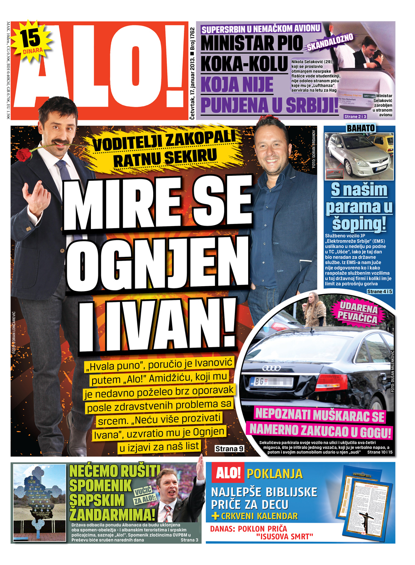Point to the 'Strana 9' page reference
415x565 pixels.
click(x=229, y=448)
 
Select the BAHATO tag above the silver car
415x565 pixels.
click(x=361, y=128)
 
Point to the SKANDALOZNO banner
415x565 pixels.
click(x=330, y=42)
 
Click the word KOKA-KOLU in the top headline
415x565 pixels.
click(x=244, y=63)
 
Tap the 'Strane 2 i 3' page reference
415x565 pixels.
click(x=355, y=117)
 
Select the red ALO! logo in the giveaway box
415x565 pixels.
click(x=228, y=472)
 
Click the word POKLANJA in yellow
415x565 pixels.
click(x=275, y=474)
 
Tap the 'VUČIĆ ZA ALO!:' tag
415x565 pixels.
click(x=145, y=495)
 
